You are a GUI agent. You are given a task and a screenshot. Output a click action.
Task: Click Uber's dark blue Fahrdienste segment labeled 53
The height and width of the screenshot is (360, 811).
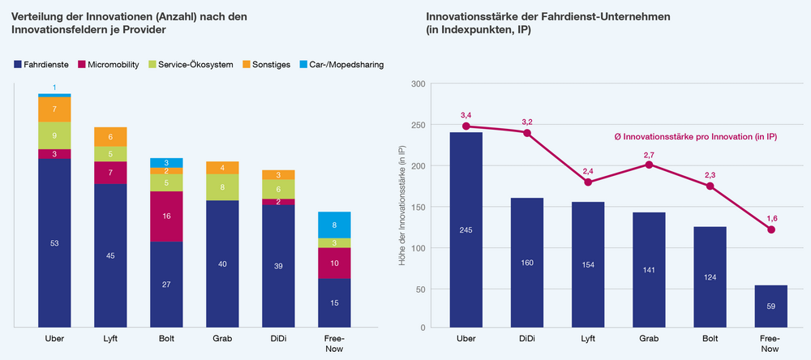point(55,243)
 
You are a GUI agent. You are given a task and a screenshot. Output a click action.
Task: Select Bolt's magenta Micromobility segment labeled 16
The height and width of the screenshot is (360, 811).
point(166,216)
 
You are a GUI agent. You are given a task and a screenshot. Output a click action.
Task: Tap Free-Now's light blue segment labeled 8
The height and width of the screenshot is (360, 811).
point(334,225)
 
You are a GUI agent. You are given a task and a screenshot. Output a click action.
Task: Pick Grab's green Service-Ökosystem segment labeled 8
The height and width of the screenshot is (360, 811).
point(222,187)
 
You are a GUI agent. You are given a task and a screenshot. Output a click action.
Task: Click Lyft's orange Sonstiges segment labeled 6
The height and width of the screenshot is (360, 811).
point(110,136)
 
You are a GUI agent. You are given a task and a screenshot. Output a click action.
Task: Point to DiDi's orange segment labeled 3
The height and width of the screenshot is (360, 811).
point(278,175)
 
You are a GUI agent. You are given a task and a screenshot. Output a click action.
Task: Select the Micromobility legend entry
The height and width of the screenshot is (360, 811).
point(109,65)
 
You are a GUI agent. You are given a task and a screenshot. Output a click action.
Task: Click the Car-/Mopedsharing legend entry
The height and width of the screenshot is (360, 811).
point(342,65)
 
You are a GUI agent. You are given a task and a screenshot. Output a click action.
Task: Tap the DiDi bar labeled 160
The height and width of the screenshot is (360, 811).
point(526,263)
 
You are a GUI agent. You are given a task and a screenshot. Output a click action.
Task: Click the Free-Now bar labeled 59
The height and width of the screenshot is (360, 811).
point(770,306)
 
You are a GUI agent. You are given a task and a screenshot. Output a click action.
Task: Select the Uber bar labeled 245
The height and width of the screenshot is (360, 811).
point(466,230)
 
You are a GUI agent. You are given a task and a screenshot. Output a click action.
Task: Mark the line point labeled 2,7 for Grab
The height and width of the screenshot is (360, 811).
point(649,165)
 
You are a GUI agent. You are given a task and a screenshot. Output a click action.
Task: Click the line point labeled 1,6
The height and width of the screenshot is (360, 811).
point(771,229)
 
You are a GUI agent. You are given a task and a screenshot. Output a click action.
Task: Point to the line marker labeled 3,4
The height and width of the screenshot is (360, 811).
point(466,126)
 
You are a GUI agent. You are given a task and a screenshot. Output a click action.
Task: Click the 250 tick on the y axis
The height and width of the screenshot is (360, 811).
point(417,125)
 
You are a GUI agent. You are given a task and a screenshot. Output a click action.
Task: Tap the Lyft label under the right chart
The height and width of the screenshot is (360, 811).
point(587,339)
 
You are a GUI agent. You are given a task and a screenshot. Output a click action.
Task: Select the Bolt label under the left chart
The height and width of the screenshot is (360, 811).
point(166,339)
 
